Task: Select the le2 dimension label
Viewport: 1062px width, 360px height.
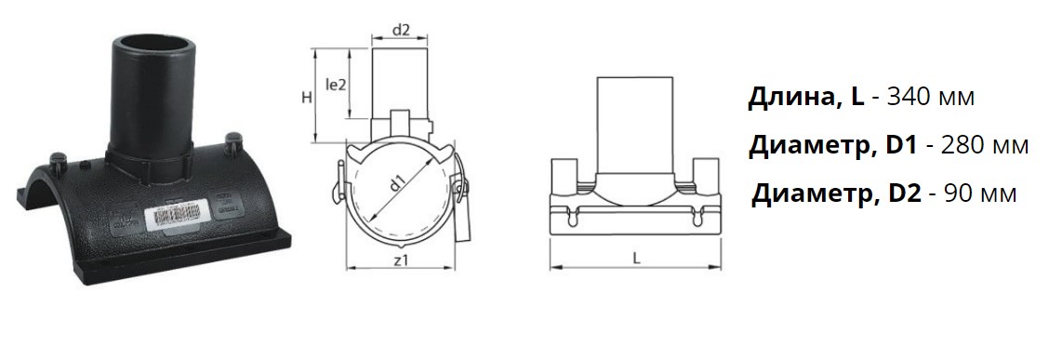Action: tap(337, 86)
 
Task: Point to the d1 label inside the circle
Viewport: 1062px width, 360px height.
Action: tap(398, 181)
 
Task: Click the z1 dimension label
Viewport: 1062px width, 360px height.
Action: tap(400, 259)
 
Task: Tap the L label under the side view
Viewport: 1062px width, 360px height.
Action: tap(636, 258)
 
